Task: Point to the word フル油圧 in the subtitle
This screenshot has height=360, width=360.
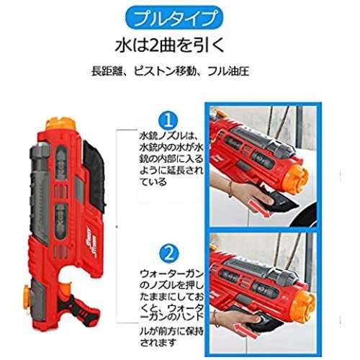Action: pyautogui.click(x=228, y=71)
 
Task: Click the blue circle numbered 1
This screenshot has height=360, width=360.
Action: pyautogui.click(x=169, y=121)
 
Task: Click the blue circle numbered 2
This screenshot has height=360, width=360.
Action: pyautogui.click(x=169, y=253)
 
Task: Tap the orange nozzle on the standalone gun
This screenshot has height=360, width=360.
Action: pyautogui.click(x=61, y=125)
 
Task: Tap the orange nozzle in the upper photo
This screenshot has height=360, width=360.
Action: pyautogui.click(x=296, y=179)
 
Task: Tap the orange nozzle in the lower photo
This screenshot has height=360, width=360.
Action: pyautogui.click(x=302, y=305)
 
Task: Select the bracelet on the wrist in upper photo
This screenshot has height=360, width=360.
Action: pyautogui.click(x=230, y=189)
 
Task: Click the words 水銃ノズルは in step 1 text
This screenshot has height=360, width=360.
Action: pyautogui.click(x=168, y=136)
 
